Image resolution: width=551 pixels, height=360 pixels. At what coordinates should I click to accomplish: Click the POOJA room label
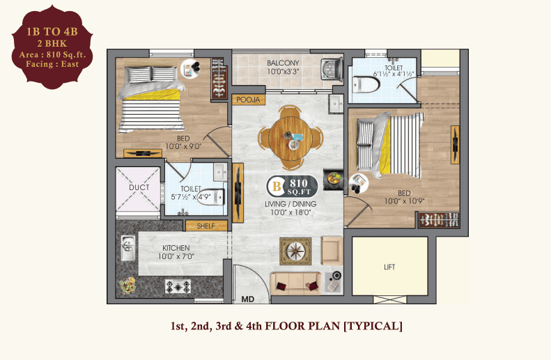pos(248,100)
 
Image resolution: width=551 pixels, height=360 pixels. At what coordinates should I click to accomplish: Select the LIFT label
pos(389,267)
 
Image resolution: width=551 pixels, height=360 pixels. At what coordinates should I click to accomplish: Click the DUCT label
pos(139,188)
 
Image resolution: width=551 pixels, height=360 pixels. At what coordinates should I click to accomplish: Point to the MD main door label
pos(247,300)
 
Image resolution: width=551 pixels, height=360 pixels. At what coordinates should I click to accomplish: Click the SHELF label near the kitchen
pos(206,226)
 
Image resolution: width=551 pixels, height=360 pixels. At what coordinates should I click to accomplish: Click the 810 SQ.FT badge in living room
pos(293,186)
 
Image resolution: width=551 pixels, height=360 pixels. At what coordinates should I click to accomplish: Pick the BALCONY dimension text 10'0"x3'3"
pos(284,72)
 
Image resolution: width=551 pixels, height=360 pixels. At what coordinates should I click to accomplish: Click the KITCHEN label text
pos(176,248)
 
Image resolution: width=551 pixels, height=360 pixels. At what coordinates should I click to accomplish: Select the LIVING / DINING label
pos(291,204)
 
